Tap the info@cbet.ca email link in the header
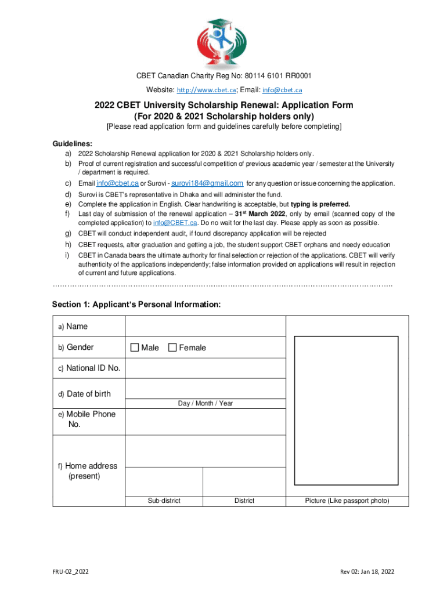coord(282,90)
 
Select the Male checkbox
coord(135,347)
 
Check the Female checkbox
coord(172,347)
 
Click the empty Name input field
coord(205,326)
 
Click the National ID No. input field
coord(205,368)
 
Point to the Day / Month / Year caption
coord(205,403)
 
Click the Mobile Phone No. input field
coord(205,422)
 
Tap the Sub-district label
coord(164,501)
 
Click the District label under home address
coord(244,501)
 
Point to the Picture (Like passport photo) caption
coord(347,501)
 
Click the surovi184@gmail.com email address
coord(207,183)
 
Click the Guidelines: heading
coord(73,144)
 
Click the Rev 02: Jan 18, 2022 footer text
coord(367,572)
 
